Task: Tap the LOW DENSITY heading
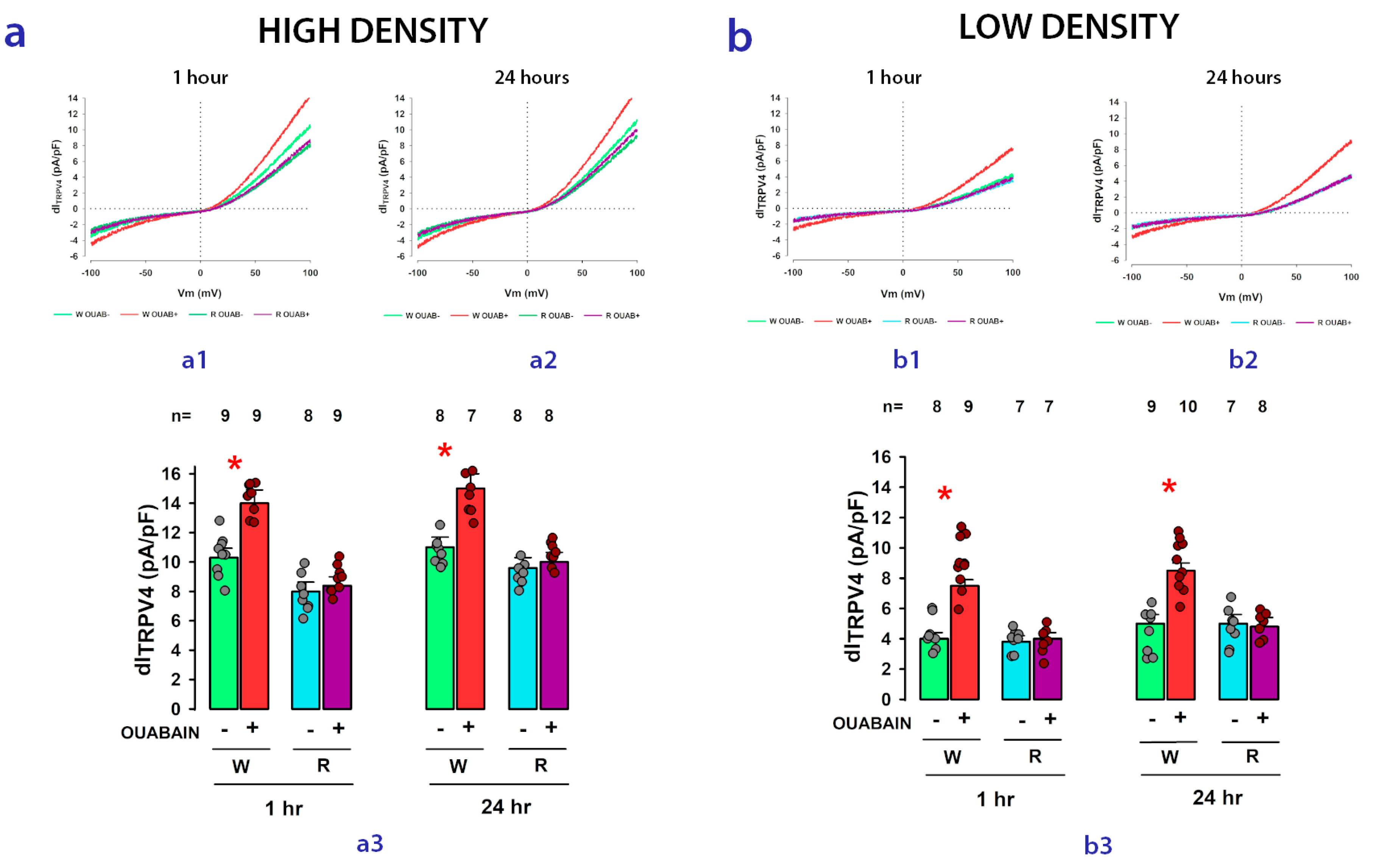(x=1069, y=27)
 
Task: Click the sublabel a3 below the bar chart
(x=369, y=843)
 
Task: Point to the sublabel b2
(x=1243, y=360)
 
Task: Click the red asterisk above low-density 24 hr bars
(x=1169, y=487)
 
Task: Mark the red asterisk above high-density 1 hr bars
(x=234, y=464)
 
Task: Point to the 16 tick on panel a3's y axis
(x=171, y=474)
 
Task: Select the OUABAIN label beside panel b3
(x=871, y=723)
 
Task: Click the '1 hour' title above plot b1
(x=893, y=78)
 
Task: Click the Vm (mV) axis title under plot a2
(x=526, y=293)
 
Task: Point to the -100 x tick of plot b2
(x=1132, y=277)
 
